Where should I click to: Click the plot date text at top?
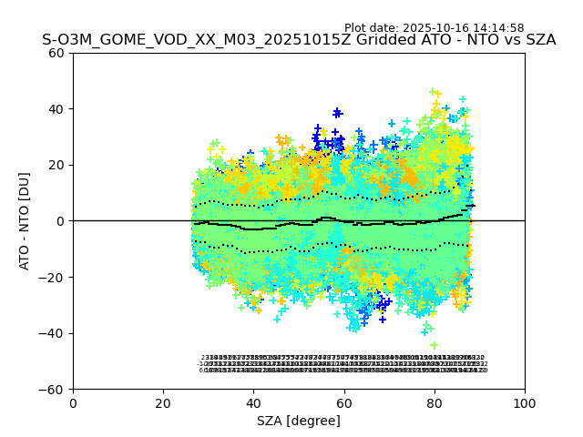[434, 28]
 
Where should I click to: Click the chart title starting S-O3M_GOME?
[299, 40]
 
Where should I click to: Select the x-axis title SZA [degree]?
[299, 421]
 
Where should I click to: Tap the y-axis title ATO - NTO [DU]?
[26, 221]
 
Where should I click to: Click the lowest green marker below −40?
[434, 345]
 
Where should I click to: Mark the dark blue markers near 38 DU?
[337, 113]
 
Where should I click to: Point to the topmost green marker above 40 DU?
[433, 91]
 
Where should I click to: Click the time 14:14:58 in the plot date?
[497, 28]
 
